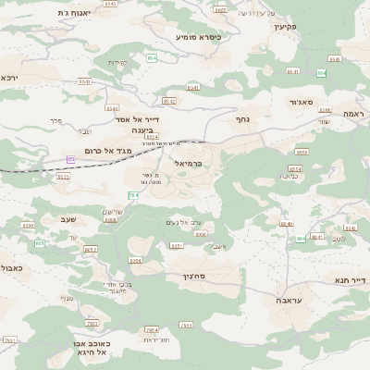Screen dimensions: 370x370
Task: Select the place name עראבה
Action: [x=289, y=300]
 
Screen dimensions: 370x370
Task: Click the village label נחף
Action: [x=242, y=118]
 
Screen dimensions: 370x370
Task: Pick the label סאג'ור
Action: [x=302, y=102]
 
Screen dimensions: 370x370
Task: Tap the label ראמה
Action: [x=354, y=113]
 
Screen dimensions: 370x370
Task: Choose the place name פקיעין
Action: [x=283, y=27]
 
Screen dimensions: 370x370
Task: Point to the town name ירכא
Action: [x=9, y=79]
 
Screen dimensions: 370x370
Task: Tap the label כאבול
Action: [x=11, y=267]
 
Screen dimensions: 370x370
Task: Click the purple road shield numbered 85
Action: [x=70, y=159]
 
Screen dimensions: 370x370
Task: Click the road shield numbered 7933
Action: [x=186, y=325]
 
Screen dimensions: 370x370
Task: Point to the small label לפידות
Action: [x=117, y=62]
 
